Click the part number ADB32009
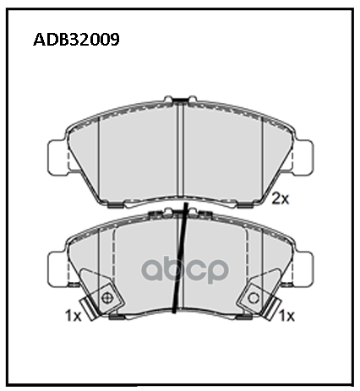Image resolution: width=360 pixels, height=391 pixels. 76,40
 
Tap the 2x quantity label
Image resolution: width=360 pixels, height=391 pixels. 280,199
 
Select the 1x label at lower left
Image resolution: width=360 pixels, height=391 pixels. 73,316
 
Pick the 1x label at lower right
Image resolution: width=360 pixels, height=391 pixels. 286,316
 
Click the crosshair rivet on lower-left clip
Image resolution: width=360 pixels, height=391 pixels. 106,298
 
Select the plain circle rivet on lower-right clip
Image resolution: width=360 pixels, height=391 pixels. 254,298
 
